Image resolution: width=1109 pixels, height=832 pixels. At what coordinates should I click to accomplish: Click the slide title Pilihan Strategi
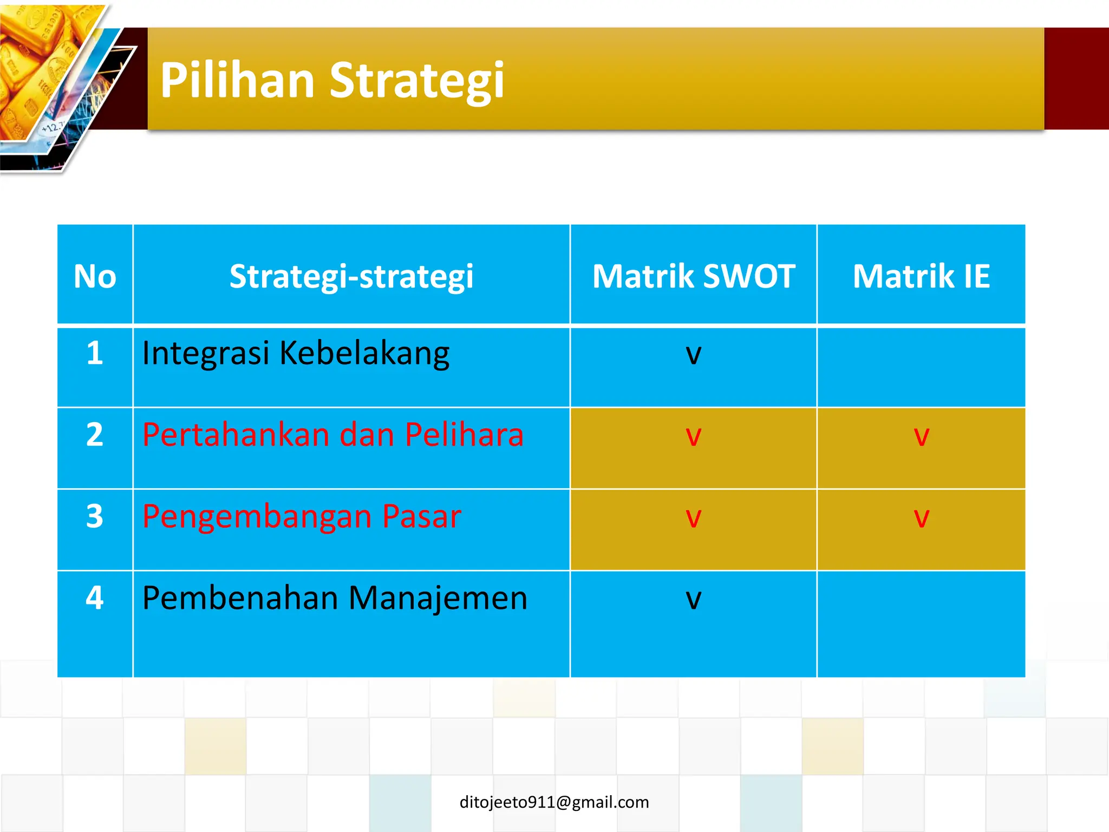pos(332,80)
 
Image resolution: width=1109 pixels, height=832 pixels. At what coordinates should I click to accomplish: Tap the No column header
pos(95,276)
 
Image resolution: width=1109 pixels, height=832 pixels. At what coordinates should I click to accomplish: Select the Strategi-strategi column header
pos(351,276)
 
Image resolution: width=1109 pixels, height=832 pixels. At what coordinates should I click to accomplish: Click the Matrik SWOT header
pos(694,276)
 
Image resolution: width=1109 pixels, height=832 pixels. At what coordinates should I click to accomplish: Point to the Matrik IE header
pos(921,276)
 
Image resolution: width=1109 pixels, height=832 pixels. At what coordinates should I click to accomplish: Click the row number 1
pos(95,353)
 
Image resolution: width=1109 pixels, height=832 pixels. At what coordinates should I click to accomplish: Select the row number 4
pos(95,598)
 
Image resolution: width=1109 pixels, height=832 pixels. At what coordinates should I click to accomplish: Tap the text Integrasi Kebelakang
pos(296,353)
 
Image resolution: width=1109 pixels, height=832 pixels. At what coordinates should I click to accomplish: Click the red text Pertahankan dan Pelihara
pos(333,434)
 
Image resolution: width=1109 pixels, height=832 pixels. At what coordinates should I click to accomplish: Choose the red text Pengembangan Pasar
pos(302,516)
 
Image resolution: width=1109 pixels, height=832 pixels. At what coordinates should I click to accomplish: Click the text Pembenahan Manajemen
pos(335,598)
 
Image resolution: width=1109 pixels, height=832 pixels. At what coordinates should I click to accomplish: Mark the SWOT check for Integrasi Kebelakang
pos(694,355)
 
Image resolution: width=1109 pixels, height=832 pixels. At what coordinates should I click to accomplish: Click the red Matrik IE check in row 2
pos(921,437)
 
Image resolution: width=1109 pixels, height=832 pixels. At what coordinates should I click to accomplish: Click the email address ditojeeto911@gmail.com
pos(554,802)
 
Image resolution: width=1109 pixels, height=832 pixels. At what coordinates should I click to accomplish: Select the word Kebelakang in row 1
pos(364,353)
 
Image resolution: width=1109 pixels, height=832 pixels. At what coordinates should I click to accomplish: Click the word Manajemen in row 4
pos(438,598)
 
